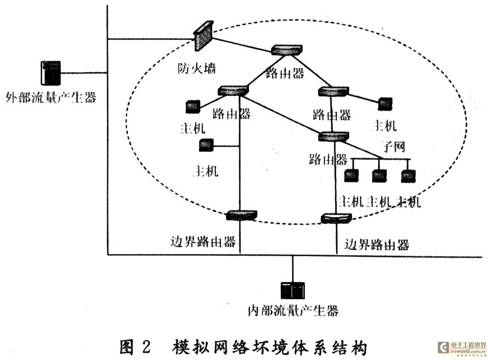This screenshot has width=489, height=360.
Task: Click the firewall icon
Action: (x=203, y=36)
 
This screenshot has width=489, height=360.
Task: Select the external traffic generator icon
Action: (x=51, y=73)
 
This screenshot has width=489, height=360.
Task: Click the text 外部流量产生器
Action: (x=51, y=98)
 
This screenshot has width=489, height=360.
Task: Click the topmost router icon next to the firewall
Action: (x=287, y=50)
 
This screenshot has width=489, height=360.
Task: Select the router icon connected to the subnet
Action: (x=334, y=137)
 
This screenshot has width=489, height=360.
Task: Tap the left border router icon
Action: (x=241, y=215)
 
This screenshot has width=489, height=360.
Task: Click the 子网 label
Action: (x=393, y=147)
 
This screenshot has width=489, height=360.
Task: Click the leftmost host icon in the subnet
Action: (x=350, y=176)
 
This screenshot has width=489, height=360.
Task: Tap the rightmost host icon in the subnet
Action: (x=407, y=176)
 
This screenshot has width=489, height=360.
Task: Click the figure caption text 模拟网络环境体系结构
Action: (x=269, y=347)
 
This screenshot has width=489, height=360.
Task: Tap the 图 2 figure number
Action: (x=135, y=347)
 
